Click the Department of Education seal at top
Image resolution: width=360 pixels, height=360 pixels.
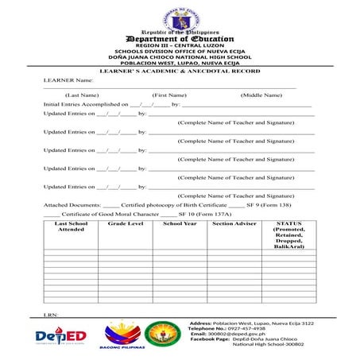tap(180, 17)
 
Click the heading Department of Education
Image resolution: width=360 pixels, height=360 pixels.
tap(180, 39)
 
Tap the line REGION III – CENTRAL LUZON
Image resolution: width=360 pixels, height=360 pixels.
tap(180, 47)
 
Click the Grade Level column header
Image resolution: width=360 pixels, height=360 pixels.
tap(126, 224)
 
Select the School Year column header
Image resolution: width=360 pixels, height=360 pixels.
tap(180, 224)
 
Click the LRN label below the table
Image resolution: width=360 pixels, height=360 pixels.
tap(51, 315)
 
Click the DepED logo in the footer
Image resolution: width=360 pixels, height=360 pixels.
tap(61, 337)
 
